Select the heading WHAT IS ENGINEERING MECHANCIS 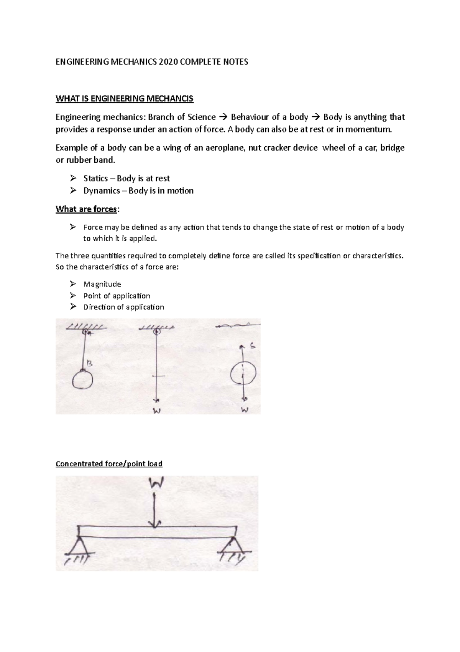point(125,99)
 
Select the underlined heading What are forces point(86,209)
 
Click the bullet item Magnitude point(102,284)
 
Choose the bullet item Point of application point(117,296)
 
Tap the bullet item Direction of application point(123,307)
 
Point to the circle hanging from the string point(82,380)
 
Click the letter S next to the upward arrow point(253,346)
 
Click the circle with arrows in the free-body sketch point(243,372)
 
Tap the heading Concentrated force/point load point(109,464)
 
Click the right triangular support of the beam point(232,544)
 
